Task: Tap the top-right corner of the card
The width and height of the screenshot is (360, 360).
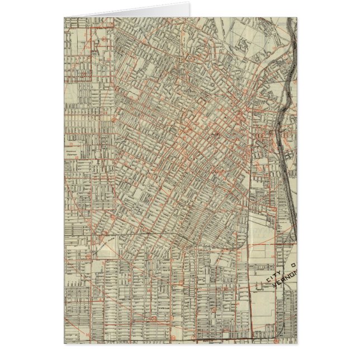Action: (x=297, y=17)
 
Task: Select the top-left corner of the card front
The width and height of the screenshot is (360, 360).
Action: (x=64, y=17)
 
